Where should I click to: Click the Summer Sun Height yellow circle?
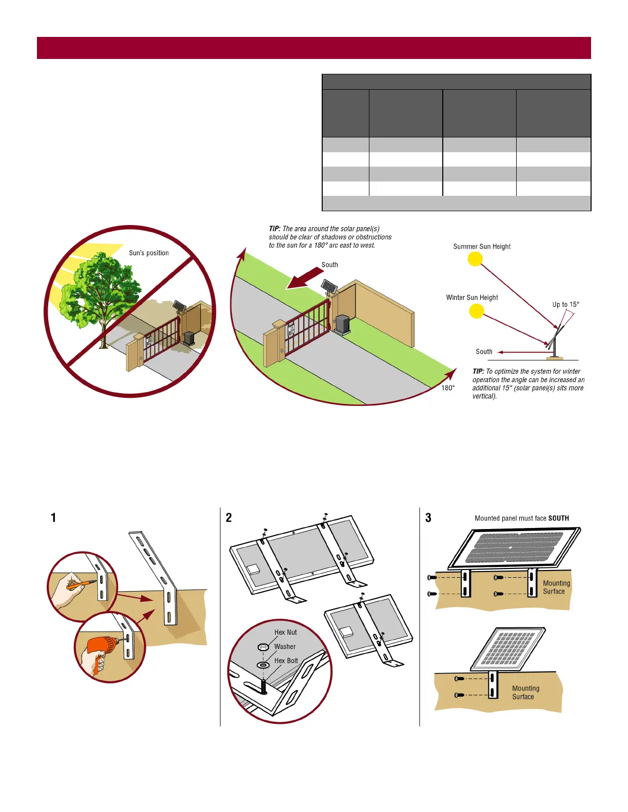click(x=475, y=259)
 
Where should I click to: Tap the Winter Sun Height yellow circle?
click(x=477, y=311)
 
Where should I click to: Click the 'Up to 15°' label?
click(x=565, y=304)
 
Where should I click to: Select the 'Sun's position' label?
click(x=149, y=253)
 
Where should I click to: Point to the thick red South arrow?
click(x=305, y=277)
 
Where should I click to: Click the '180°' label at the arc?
click(x=448, y=388)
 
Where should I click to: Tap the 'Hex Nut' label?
click(x=285, y=633)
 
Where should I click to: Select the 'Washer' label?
click(x=285, y=647)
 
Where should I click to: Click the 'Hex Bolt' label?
click(x=286, y=661)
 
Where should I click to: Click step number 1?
click(x=53, y=518)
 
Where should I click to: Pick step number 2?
click(x=229, y=518)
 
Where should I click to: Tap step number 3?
click(x=428, y=518)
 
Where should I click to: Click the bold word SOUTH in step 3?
click(x=559, y=518)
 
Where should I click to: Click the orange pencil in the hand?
click(x=81, y=583)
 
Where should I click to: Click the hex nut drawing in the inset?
click(x=263, y=647)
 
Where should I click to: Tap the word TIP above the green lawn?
click(x=274, y=229)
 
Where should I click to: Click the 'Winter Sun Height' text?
click(x=472, y=298)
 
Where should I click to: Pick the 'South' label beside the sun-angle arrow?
click(x=484, y=352)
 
